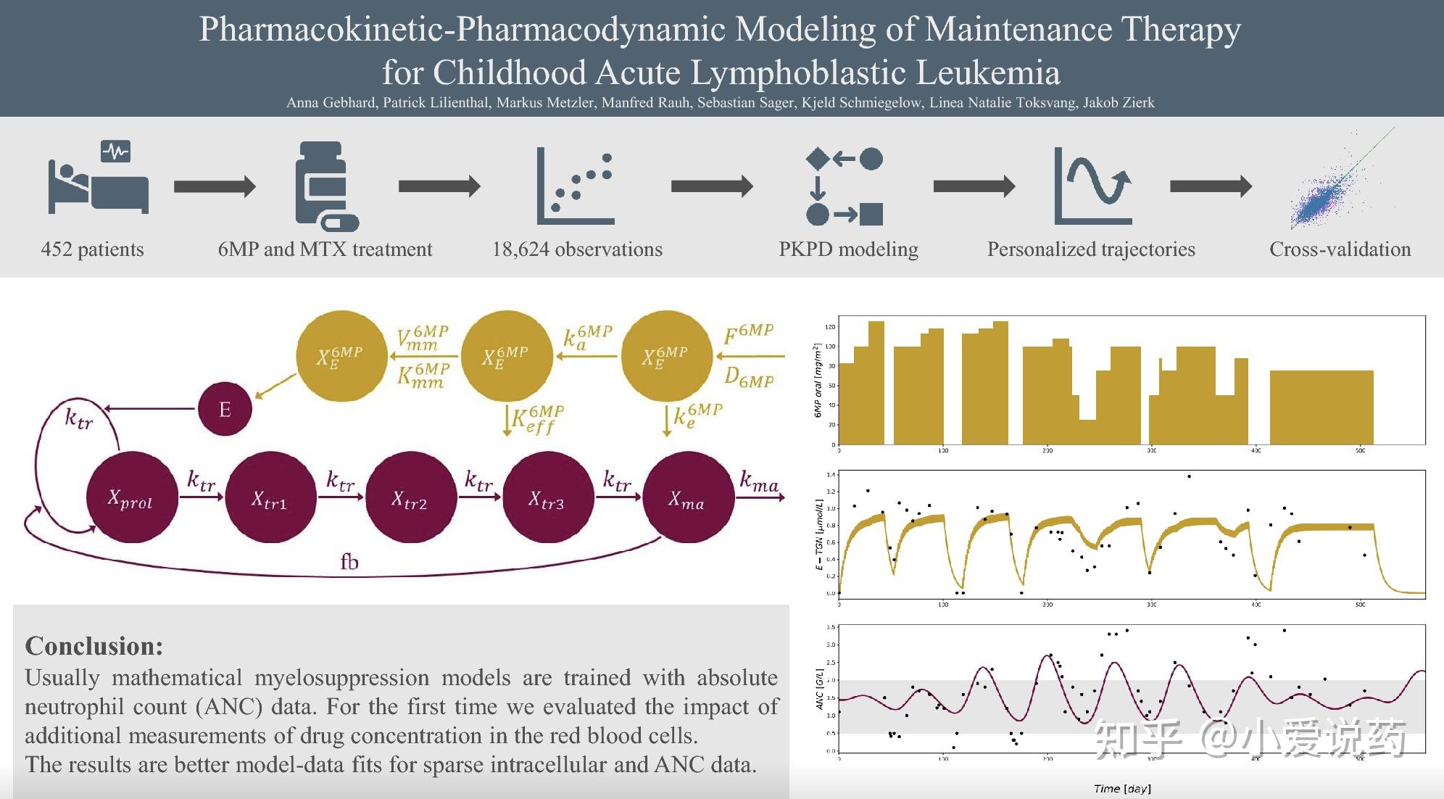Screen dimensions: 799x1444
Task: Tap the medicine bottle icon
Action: pyautogui.click(x=324, y=186)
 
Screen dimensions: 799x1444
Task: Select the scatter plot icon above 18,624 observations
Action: pyautogui.click(x=576, y=186)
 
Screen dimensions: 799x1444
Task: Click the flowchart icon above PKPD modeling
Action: pyautogui.click(x=845, y=186)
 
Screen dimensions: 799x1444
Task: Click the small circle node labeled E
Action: pyautogui.click(x=225, y=409)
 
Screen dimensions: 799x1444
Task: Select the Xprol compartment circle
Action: pyautogui.click(x=131, y=498)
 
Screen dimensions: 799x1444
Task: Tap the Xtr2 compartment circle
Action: pyautogui.click(x=410, y=498)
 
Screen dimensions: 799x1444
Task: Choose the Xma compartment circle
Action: pyautogui.click(x=686, y=498)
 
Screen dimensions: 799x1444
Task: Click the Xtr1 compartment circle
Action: pyautogui.click(x=270, y=498)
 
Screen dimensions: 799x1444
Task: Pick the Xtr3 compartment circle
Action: pyautogui.click(x=547, y=498)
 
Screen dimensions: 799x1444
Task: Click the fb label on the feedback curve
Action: pyautogui.click(x=349, y=562)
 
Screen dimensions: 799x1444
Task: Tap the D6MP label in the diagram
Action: pyautogui.click(x=749, y=378)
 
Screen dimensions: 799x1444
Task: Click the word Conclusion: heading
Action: pyautogui.click(x=94, y=646)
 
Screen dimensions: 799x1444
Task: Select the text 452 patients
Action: pyautogui.click(x=93, y=249)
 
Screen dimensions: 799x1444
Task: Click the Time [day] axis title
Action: pyautogui.click(x=1122, y=789)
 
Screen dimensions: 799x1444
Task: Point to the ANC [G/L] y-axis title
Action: pyautogui.click(x=820, y=689)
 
